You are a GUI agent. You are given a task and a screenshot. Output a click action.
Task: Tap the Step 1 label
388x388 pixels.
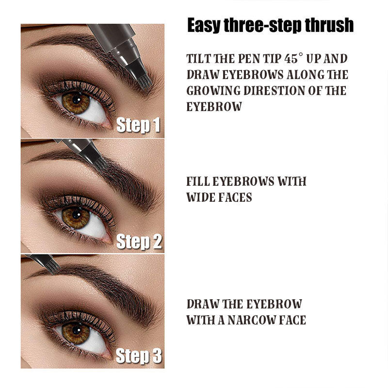coord(138,126)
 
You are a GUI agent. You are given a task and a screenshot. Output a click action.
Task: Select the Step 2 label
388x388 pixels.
coord(139,241)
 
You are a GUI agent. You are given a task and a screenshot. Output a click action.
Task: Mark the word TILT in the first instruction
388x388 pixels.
coord(197,59)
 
